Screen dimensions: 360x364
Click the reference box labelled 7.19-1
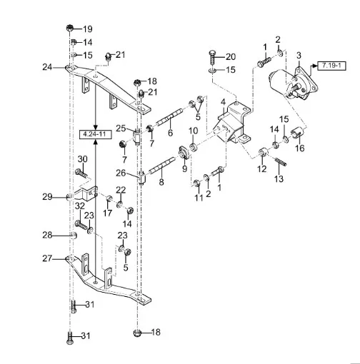coord(331,66)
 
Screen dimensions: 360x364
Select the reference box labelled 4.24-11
coord(95,134)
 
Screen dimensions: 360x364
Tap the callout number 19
coord(88,29)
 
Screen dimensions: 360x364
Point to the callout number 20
coord(231,56)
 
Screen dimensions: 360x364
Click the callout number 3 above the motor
coord(299,56)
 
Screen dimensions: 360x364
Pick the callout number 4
coord(223,102)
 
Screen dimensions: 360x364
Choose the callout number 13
coord(279,178)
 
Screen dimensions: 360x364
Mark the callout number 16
coord(300,148)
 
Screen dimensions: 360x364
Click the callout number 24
coord(47,67)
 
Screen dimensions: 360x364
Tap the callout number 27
coord(47,258)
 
